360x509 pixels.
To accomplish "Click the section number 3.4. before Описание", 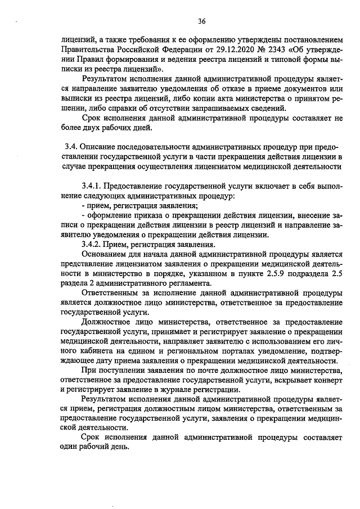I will pos(71,146).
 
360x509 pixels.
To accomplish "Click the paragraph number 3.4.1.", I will pos(92,186).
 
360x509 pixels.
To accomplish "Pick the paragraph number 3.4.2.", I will pos(92,245).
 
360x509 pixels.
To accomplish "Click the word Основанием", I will pos(105,255).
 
